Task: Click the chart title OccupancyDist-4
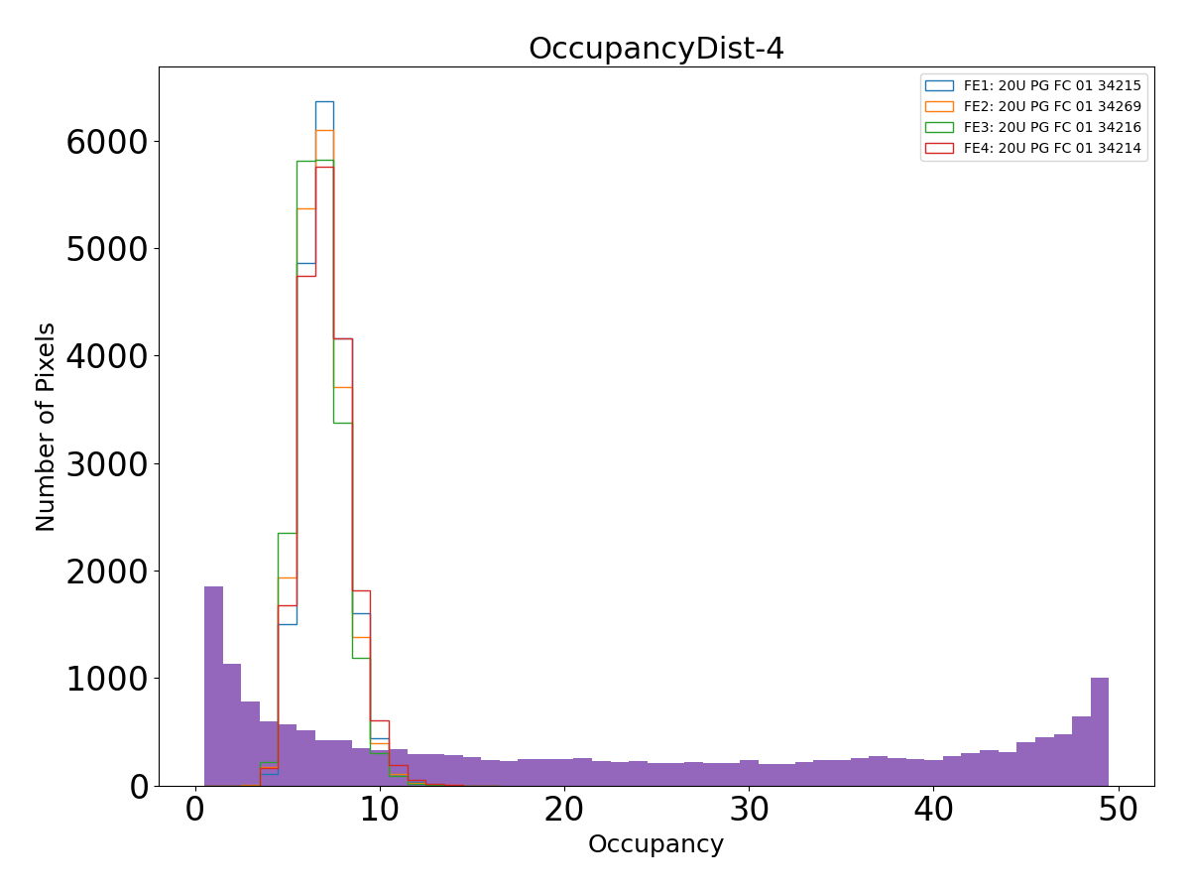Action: pos(655,49)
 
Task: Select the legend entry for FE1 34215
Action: pos(1052,86)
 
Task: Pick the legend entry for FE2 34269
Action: pos(1052,107)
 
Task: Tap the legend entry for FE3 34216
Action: pos(1052,128)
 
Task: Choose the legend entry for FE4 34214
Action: pos(1052,149)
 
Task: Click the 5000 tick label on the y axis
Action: pos(106,249)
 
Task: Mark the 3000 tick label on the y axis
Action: pos(106,464)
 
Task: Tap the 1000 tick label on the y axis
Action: pos(106,679)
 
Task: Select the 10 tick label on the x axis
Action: pos(380,810)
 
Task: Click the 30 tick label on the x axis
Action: pos(749,810)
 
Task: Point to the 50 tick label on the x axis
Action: pos(1118,810)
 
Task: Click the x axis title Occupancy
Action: pos(655,844)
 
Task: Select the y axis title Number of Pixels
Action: pos(46,427)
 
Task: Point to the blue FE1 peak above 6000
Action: pos(324,101)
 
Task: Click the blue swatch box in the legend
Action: pos(938,86)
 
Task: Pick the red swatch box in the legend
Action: pos(938,149)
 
